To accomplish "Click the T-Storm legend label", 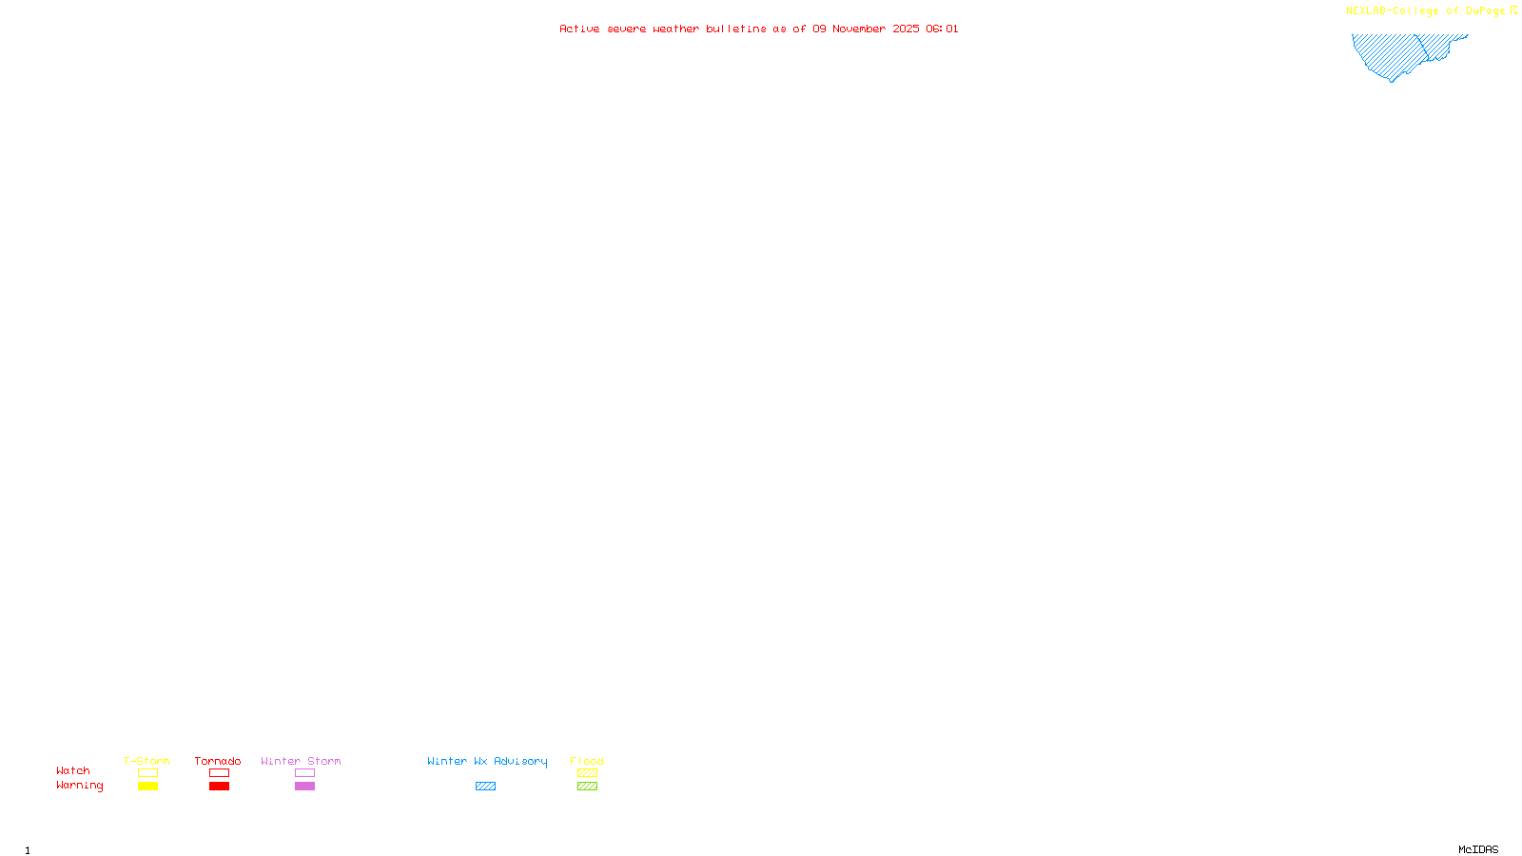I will click(146, 761).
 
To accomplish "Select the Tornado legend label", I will click(218, 761).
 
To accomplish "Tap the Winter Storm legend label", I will click(301, 761).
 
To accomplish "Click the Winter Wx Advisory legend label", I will click(487, 761).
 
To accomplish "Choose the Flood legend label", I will click(587, 761).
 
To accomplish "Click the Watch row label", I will click(73, 770).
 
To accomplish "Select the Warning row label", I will click(80, 786).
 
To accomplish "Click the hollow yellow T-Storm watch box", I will click(147, 773).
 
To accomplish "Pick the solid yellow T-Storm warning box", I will click(147, 787).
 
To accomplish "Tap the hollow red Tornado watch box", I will click(220, 773).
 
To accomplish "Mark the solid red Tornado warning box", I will click(220, 787).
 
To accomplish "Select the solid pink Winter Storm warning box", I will click(304, 787).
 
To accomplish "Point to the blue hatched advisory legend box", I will click(485, 787).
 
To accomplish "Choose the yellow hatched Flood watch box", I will click(587, 773).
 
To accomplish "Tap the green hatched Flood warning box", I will click(587, 787).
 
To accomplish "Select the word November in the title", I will click(859, 29).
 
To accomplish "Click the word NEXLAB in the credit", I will click(1366, 11).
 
